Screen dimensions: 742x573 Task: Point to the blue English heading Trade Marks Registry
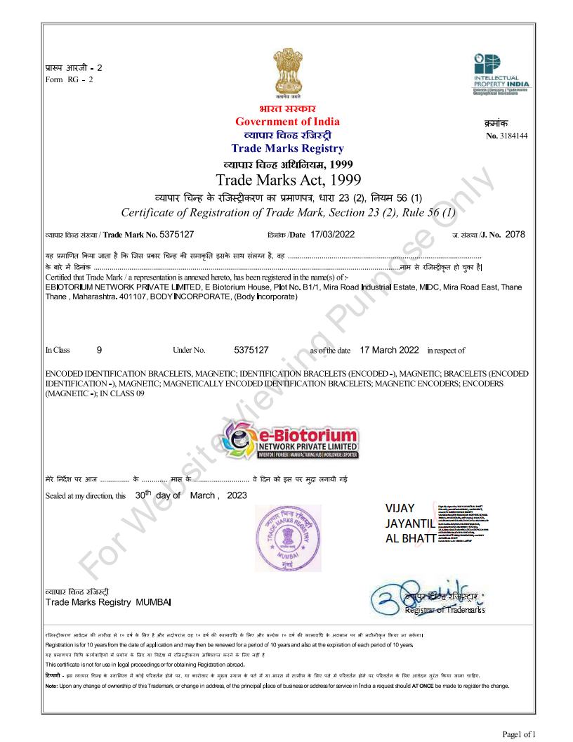click(287, 148)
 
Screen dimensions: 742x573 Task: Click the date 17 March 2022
click(389, 349)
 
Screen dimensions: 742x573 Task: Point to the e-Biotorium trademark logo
click(289, 441)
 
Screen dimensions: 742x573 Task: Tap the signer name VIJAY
click(401, 508)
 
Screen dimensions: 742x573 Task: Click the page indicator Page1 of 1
click(518, 734)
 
